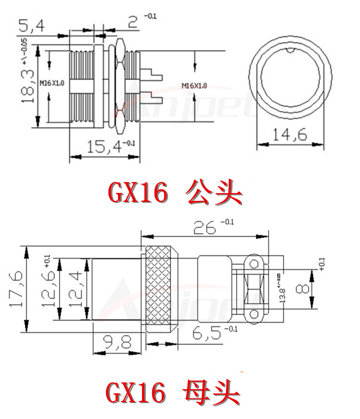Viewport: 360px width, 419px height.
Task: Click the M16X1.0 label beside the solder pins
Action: [x=194, y=86]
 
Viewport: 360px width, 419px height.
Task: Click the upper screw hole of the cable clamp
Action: [x=254, y=263]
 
